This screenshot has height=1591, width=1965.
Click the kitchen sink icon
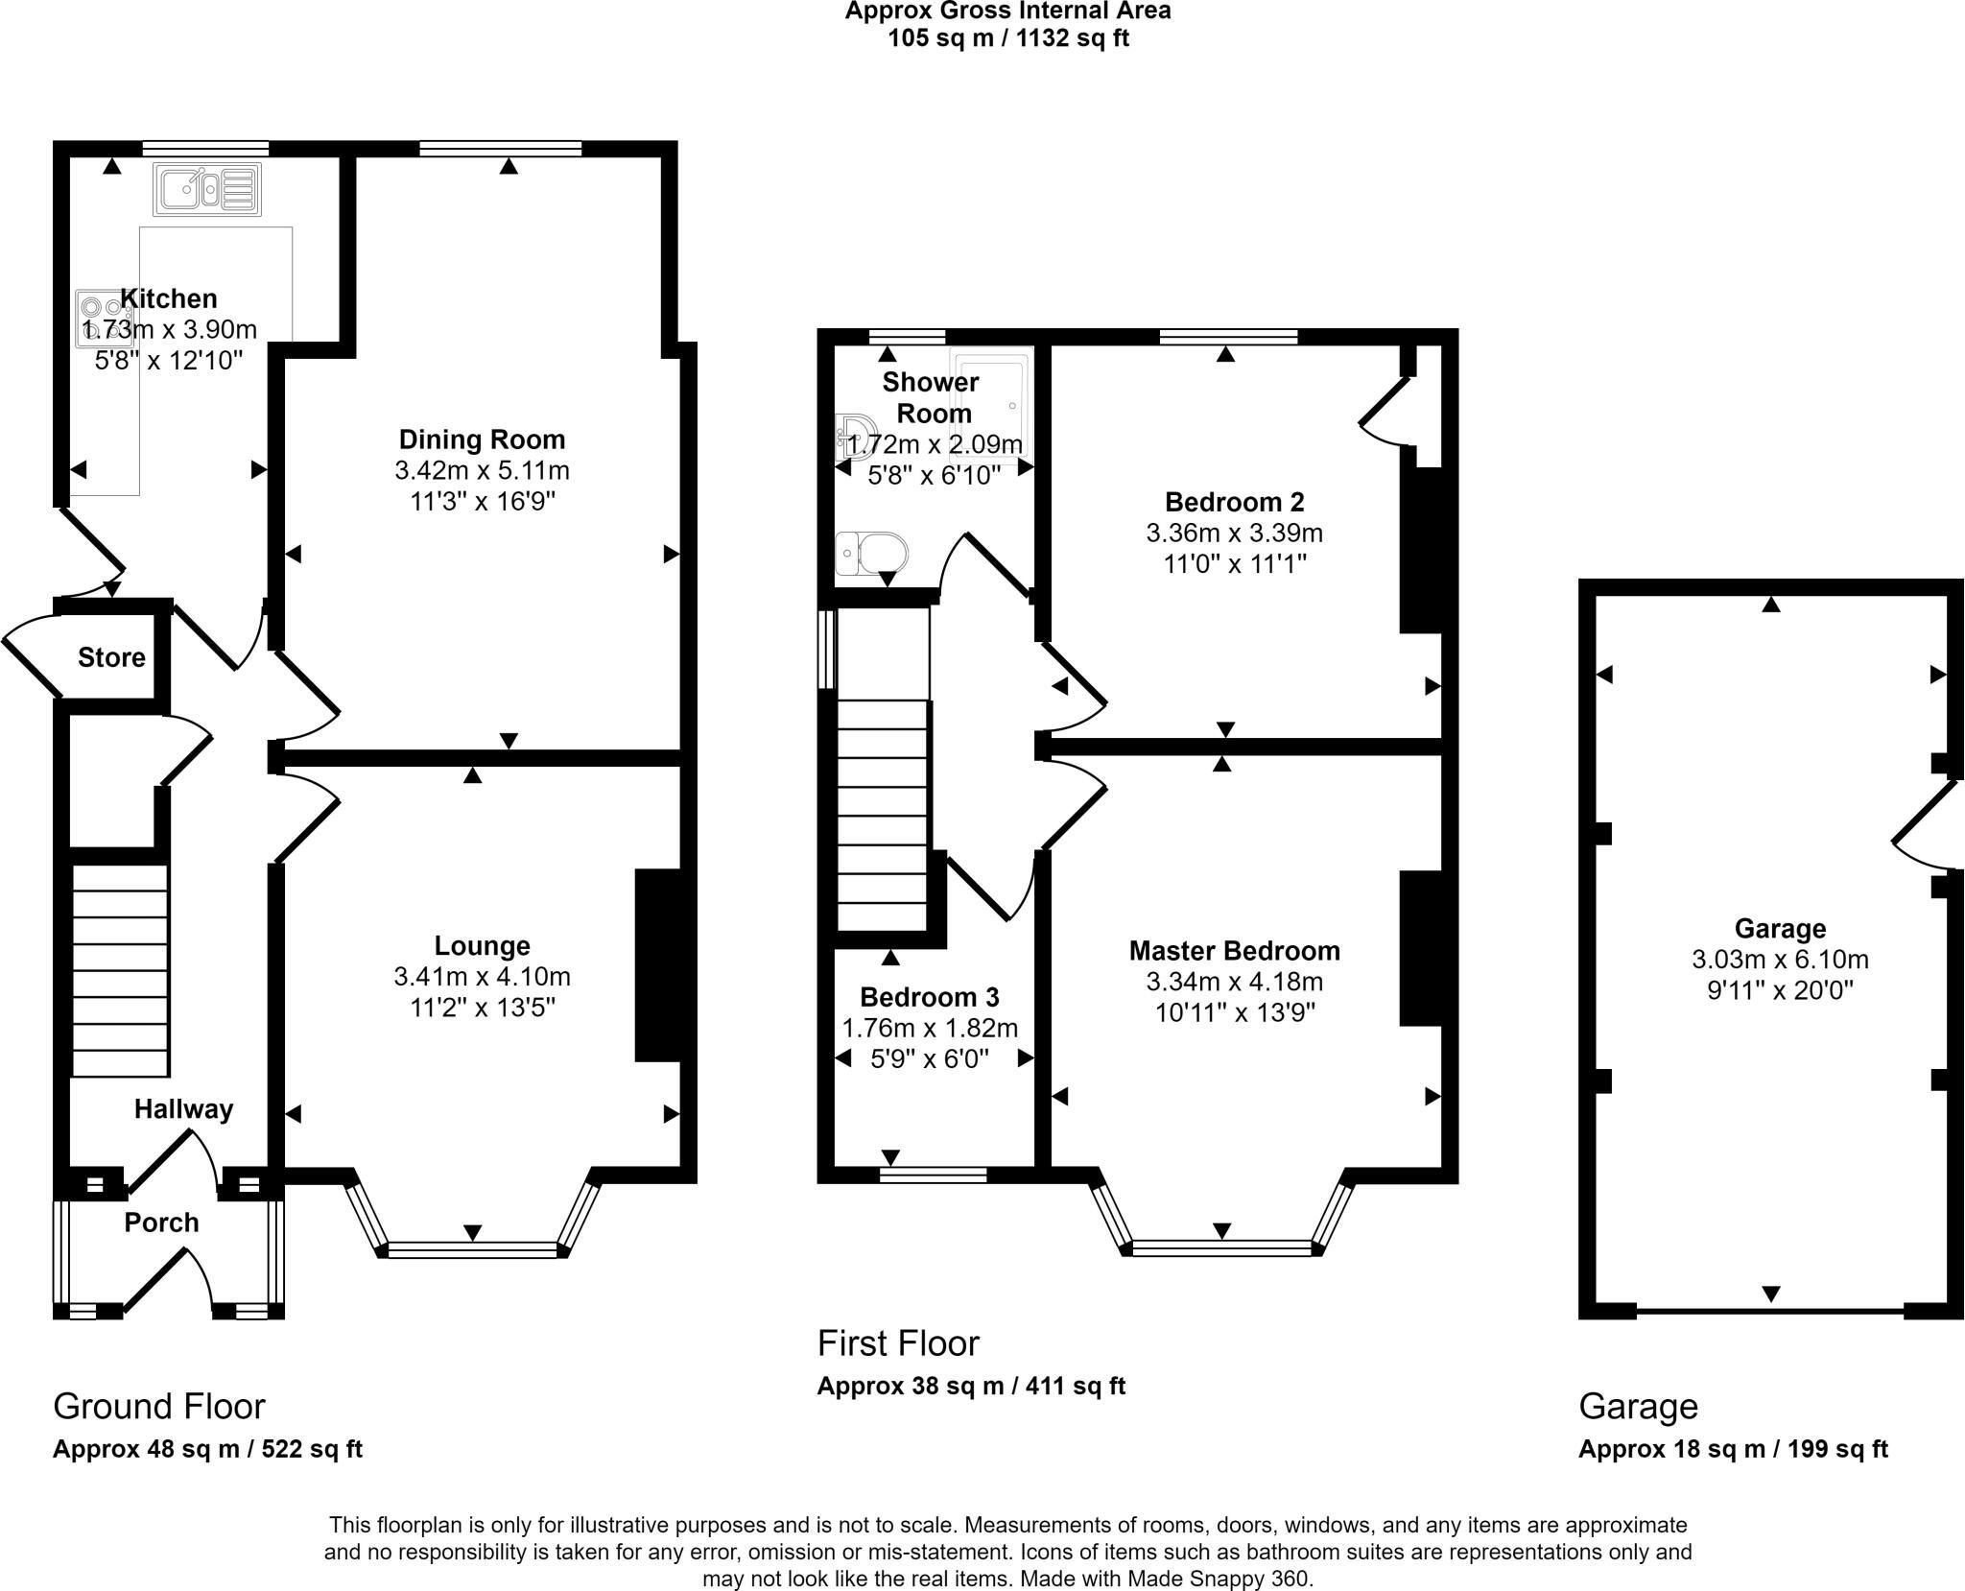point(206,189)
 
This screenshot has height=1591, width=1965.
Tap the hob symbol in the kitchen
point(103,319)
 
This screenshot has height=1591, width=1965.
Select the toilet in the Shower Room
point(871,554)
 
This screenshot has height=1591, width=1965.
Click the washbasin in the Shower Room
point(853,435)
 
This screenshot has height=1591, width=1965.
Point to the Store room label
point(111,657)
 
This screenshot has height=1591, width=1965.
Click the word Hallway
point(183,1109)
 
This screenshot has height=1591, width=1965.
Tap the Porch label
point(162,1223)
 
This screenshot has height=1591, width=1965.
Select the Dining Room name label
point(482,439)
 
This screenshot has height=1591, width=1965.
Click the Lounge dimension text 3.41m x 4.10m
point(482,977)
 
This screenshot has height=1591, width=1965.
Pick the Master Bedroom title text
point(1234,951)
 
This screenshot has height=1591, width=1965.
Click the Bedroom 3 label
point(929,997)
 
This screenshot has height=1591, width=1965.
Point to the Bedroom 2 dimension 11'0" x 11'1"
point(1235,563)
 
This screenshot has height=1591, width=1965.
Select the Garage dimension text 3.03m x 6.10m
point(1780,960)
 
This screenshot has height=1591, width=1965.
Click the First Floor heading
point(898,1343)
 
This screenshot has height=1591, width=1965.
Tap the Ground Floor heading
point(158,1406)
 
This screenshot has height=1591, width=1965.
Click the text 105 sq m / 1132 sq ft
point(1008,38)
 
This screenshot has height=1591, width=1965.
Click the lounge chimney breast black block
point(658,965)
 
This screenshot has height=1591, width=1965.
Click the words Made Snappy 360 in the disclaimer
point(1218,1579)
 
